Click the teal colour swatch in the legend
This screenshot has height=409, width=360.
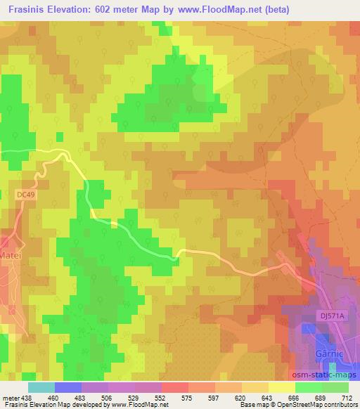tap(42, 387)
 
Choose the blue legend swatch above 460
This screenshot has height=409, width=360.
tap(68, 387)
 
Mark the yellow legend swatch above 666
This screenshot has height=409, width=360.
tap(282, 387)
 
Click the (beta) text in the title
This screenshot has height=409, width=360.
tap(274, 11)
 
